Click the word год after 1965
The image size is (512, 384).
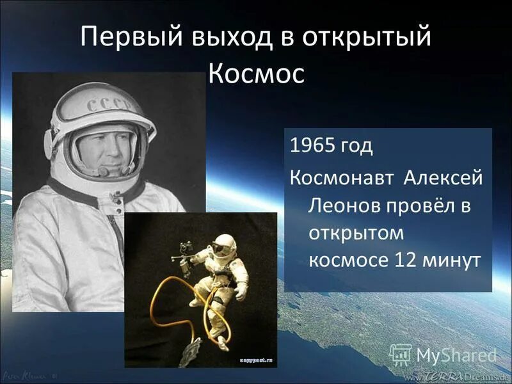pyautogui.click(x=357, y=146)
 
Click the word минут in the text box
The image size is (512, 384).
pyautogui.click(x=452, y=262)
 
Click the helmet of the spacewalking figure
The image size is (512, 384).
pyautogui.click(x=223, y=244)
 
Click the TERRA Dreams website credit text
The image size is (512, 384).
pyautogui.click(x=458, y=376)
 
